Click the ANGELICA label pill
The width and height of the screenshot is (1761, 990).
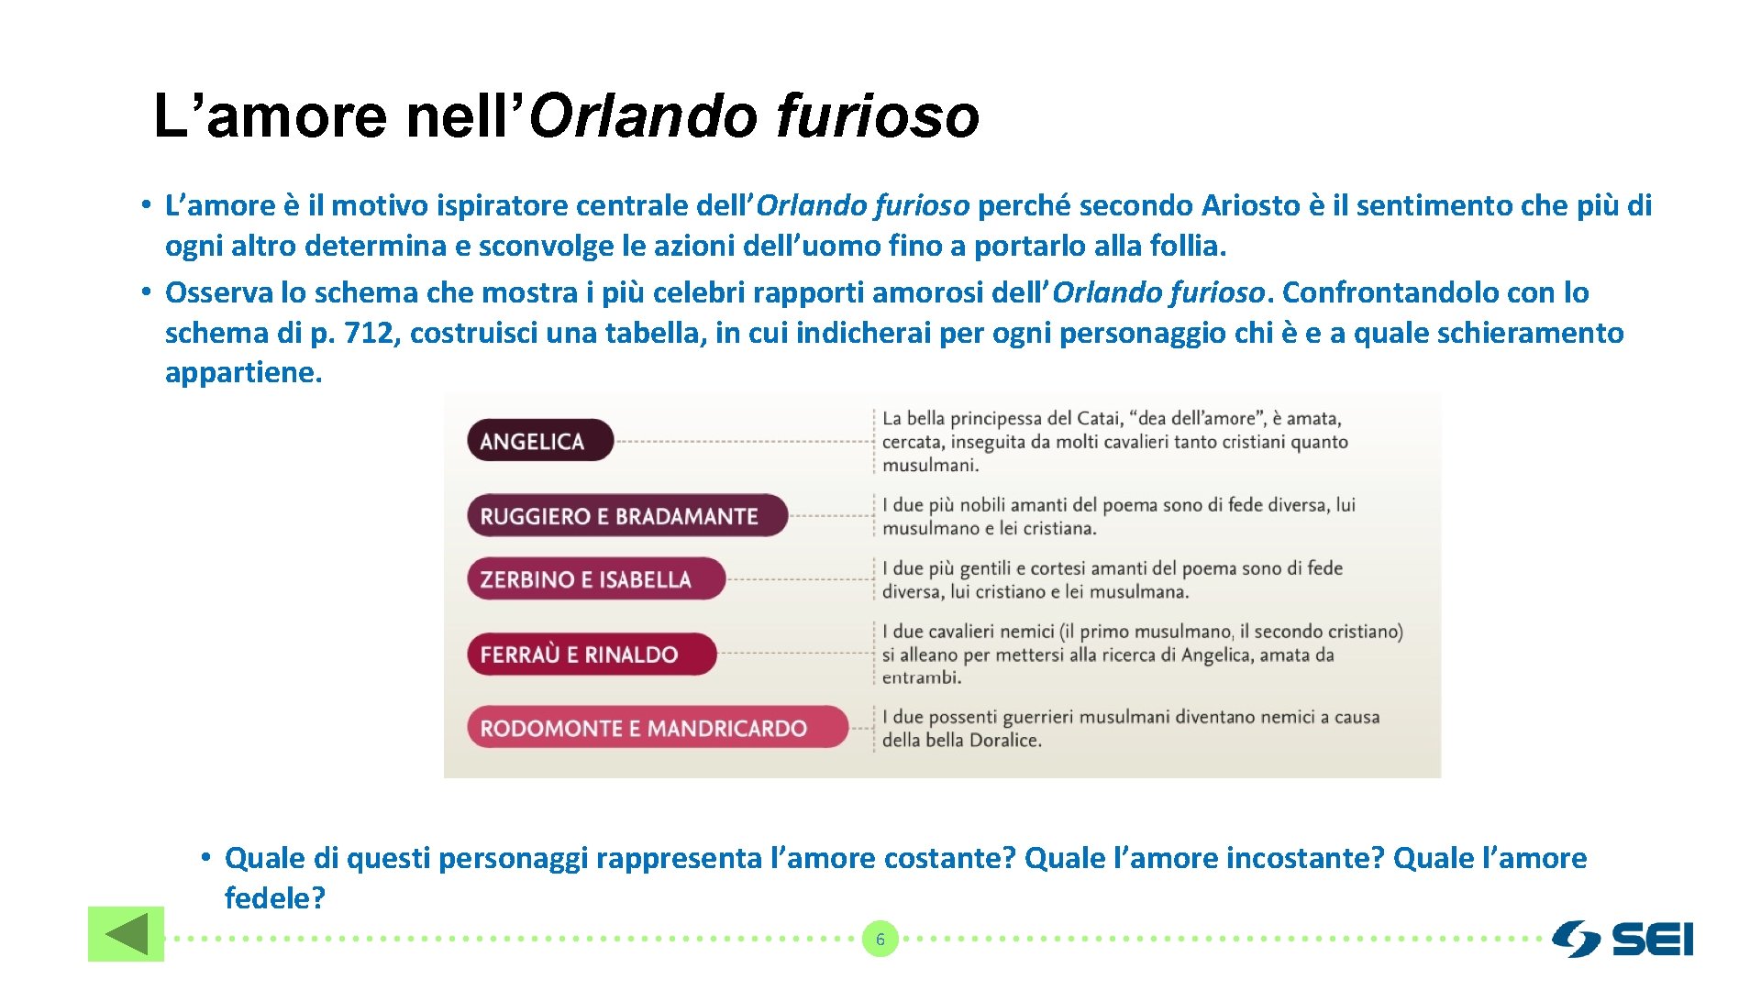click(x=539, y=441)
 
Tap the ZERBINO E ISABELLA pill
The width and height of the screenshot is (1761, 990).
click(x=595, y=579)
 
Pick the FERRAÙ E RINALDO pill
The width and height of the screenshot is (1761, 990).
click(x=591, y=654)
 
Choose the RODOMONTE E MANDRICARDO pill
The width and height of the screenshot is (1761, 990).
click(x=657, y=729)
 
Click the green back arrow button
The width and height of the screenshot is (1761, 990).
click(x=126, y=934)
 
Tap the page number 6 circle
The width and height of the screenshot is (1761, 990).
click(x=880, y=940)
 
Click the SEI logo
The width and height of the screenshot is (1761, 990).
click(x=1623, y=940)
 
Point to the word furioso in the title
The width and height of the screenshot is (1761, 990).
click(x=878, y=116)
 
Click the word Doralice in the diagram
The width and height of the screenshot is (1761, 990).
click(x=1006, y=741)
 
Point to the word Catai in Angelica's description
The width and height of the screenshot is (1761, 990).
click(x=1098, y=419)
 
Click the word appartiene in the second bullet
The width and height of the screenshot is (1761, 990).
click(x=243, y=373)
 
